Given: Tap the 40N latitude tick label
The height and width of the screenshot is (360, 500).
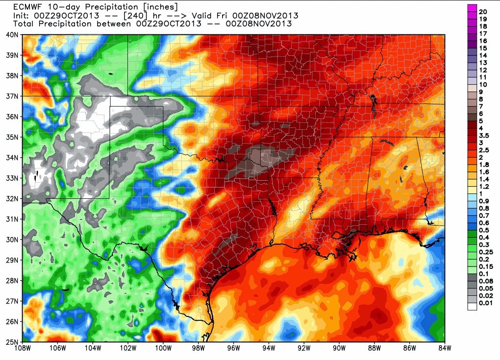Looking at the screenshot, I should [x=12, y=35].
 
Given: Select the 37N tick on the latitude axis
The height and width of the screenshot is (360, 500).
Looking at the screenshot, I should [x=12, y=96].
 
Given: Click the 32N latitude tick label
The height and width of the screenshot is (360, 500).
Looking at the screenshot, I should [x=12, y=198].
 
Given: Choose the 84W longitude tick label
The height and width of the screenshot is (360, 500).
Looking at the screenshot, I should [x=444, y=349].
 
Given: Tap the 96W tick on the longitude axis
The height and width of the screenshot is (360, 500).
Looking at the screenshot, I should [x=234, y=349].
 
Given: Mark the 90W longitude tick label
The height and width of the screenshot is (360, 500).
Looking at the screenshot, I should [x=339, y=349].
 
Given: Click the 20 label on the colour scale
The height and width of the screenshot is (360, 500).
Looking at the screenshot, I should [x=483, y=11].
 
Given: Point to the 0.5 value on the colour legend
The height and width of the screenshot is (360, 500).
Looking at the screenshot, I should [x=484, y=229].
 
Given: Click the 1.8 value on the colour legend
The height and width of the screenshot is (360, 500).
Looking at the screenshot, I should [x=484, y=165].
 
